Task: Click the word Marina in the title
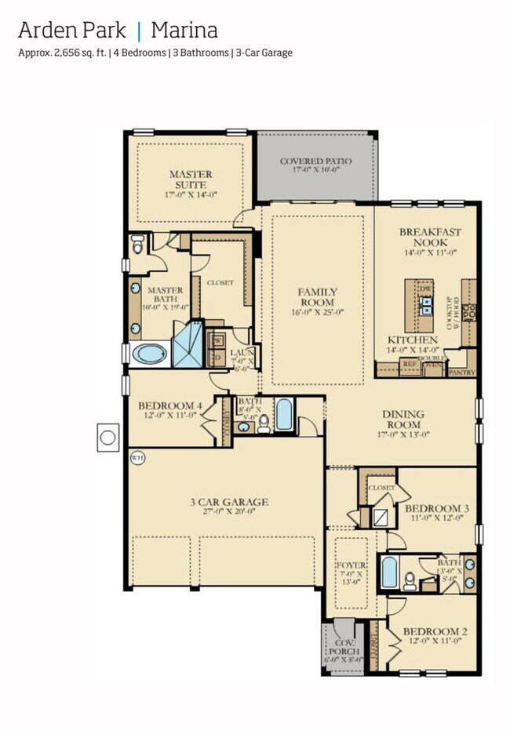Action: point(184,31)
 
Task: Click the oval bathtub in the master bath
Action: point(149,354)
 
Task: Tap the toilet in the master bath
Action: point(138,246)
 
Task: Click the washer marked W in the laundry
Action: point(217,341)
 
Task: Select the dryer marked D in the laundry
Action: point(217,358)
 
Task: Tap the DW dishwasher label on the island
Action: point(426,289)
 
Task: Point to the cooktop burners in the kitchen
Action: point(469,311)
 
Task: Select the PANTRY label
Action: point(461,373)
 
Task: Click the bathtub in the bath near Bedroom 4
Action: point(283,415)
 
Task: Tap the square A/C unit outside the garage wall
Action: point(108,434)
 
